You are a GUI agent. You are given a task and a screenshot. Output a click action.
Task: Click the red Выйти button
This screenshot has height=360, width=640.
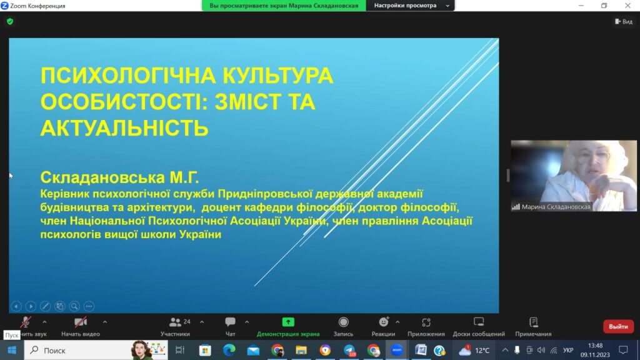(618, 326)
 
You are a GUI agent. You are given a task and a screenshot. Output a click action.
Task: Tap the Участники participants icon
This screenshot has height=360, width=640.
(175, 322)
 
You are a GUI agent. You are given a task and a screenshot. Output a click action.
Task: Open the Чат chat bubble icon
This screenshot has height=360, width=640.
(230, 322)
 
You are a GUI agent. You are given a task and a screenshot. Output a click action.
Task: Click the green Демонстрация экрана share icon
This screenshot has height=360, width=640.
(288, 322)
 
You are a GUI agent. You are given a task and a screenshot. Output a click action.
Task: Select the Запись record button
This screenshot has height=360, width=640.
(344, 322)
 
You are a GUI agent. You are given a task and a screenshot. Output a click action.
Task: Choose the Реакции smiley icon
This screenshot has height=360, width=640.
(384, 322)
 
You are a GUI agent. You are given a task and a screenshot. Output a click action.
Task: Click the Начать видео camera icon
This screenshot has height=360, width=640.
(81, 322)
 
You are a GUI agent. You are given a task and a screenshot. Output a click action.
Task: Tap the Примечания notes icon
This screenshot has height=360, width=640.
(534, 322)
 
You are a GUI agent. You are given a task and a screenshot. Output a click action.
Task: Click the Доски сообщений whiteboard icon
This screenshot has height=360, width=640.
(479, 322)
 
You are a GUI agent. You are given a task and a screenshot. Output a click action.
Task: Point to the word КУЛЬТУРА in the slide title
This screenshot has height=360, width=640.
(278, 76)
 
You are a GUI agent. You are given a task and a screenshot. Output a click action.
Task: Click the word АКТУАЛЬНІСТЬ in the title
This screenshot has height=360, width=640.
(124, 128)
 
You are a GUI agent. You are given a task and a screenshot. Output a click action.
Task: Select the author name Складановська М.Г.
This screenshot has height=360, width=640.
(119, 177)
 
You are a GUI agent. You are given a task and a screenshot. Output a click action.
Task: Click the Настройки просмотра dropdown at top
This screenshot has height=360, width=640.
(410, 6)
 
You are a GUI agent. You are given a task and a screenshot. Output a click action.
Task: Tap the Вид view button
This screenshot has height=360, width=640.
(624, 22)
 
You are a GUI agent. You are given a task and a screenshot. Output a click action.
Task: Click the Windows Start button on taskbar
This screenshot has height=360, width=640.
(12, 350)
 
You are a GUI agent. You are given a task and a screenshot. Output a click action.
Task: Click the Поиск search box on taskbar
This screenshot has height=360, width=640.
(96, 350)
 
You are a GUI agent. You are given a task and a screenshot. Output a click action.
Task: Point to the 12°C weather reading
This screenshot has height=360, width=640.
(482, 351)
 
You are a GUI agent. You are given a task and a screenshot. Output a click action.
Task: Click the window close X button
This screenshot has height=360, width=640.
(627, 5)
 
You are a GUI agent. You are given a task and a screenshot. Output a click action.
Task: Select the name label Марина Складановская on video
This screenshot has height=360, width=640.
(556, 207)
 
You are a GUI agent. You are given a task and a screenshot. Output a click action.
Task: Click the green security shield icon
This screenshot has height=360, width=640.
(10, 22)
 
